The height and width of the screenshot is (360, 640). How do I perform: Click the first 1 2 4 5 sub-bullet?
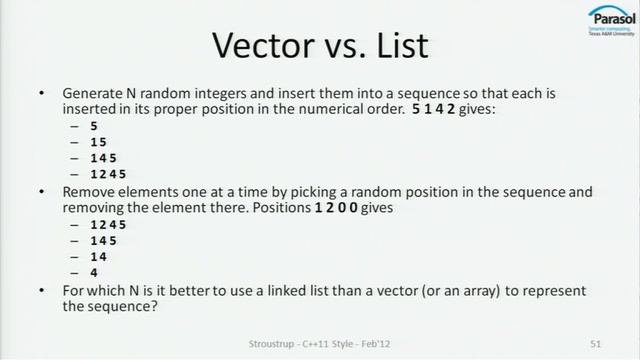coord(105,173)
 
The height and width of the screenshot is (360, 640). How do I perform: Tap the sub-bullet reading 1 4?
coord(99,256)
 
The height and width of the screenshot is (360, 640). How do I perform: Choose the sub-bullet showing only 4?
coord(94,272)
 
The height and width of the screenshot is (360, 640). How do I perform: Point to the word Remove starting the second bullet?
coord(89,188)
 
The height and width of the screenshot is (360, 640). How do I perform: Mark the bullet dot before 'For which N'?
coord(41,290)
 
